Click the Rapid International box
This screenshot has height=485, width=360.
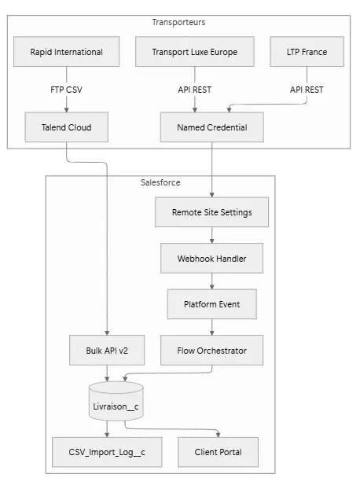(67, 53)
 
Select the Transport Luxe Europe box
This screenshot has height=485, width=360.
(186, 53)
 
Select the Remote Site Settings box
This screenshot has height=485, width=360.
(211, 212)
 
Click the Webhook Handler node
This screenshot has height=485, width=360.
(211, 257)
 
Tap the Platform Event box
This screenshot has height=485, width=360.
(211, 303)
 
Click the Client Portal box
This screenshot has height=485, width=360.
(218, 452)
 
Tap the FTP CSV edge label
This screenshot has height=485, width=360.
(67, 89)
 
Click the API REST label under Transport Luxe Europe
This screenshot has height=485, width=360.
(186, 89)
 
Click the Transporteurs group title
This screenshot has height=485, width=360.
(178, 22)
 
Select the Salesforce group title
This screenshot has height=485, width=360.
(160, 182)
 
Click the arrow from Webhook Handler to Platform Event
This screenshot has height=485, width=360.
(211, 280)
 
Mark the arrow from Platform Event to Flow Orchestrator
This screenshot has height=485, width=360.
(211, 326)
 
